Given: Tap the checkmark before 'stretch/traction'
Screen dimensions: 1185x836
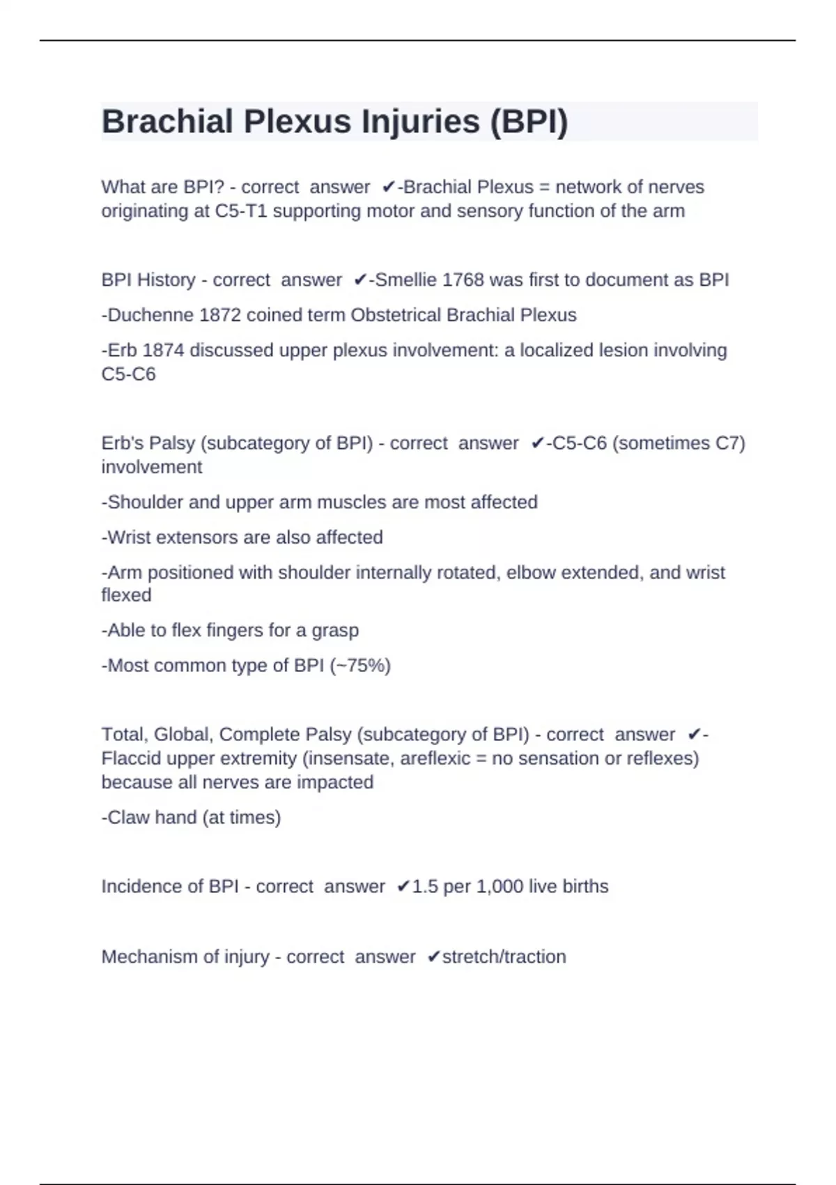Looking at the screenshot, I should [x=433, y=957].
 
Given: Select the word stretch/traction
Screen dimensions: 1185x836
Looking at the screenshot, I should [x=504, y=957].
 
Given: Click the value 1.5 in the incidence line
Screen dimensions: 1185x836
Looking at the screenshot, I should [x=425, y=887].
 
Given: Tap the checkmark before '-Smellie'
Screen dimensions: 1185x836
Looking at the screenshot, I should [x=360, y=280].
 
